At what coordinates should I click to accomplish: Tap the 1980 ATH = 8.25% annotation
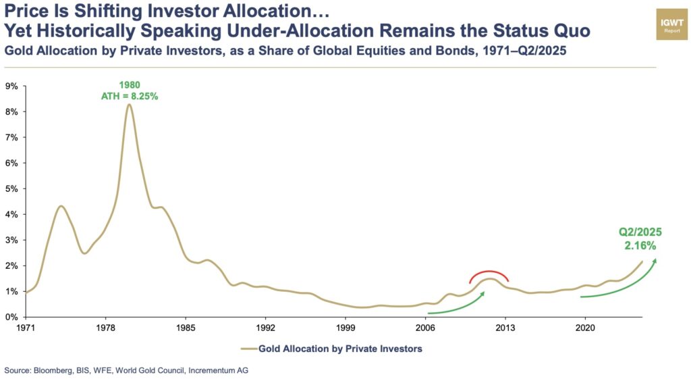click(129, 91)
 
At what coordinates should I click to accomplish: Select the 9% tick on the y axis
click(11, 86)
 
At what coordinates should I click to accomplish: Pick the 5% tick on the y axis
click(11, 189)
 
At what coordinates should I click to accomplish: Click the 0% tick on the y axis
click(11, 317)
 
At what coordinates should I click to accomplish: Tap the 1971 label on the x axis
click(26, 328)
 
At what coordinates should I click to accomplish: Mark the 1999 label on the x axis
click(345, 328)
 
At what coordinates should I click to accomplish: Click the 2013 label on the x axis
click(505, 328)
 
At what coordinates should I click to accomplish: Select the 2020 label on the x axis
click(584, 328)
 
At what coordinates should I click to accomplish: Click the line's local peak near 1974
click(61, 206)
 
